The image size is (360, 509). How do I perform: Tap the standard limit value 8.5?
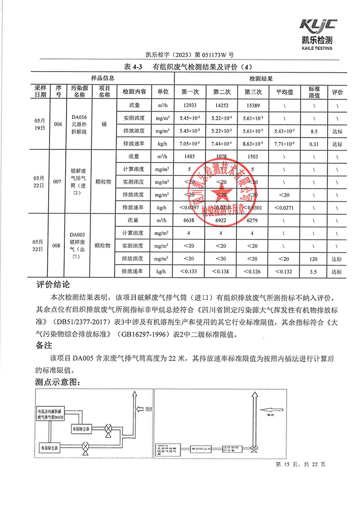[314, 131]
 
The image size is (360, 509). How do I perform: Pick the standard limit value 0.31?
[314, 144]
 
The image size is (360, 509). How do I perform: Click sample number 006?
[58, 125]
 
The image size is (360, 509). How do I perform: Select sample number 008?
[57, 246]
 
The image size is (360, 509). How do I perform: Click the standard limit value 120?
[314, 259]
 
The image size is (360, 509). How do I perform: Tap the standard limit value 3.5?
[314, 272]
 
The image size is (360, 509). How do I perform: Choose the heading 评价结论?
[53, 285]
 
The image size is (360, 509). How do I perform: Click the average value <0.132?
[284, 272]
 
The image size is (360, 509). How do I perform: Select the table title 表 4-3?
[132, 67]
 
